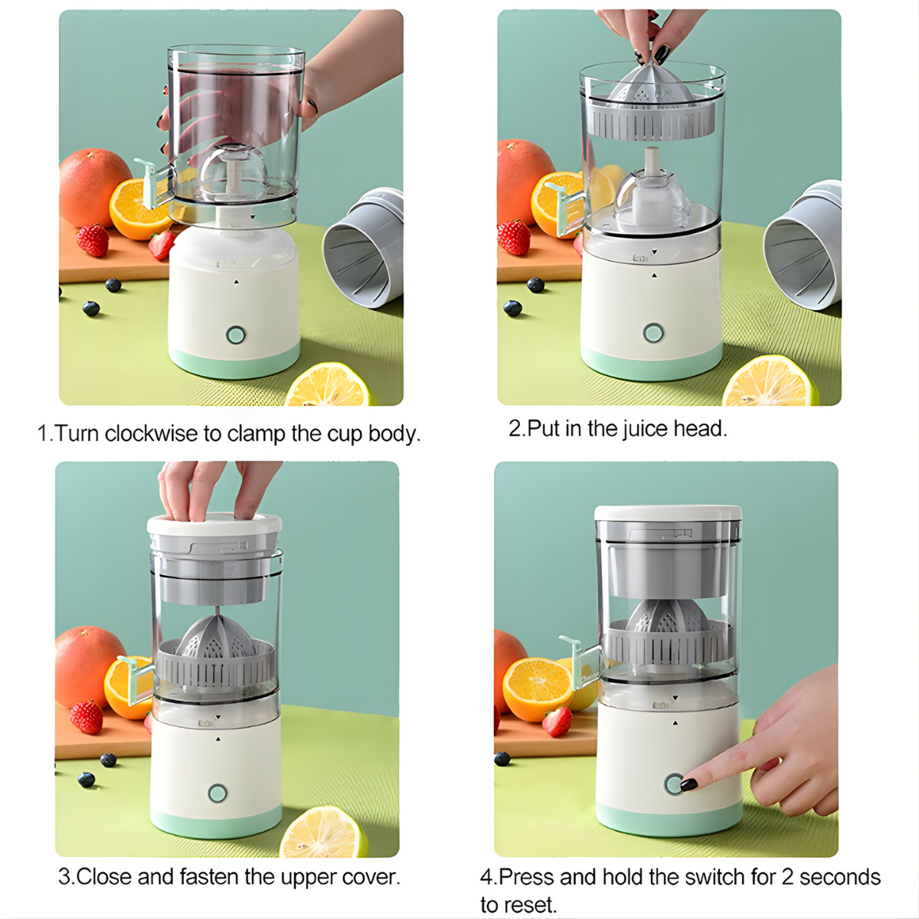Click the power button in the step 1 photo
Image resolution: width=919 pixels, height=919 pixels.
(x=235, y=335)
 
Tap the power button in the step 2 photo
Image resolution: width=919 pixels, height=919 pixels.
(x=653, y=332)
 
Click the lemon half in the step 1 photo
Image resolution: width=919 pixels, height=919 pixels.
(x=330, y=384)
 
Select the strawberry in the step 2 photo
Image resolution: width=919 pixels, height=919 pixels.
(x=514, y=237)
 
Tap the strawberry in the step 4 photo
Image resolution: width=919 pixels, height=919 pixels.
(x=558, y=721)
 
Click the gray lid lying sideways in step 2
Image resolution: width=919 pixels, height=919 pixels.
(x=802, y=245)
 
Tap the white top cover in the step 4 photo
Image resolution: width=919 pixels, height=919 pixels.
(x=668, y=512)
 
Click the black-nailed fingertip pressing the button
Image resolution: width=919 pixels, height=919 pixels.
(x=688, y=784)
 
